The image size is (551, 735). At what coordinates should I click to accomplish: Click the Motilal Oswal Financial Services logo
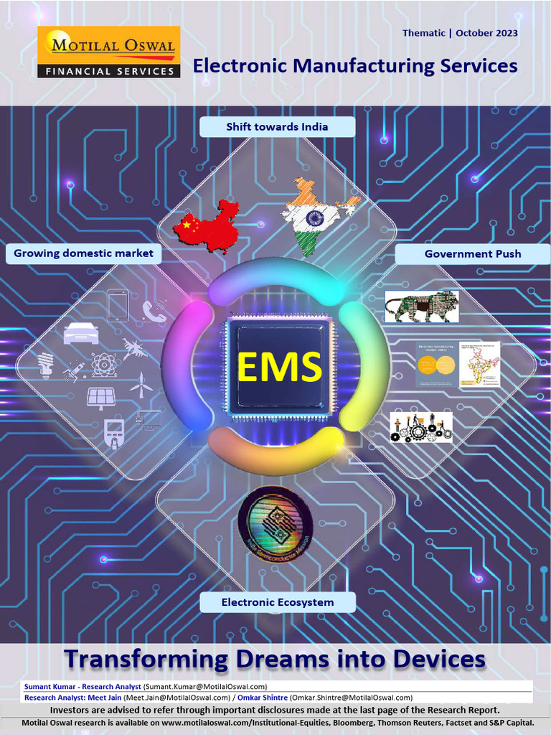(108, 52)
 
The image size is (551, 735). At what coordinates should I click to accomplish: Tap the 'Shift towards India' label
(277, 127)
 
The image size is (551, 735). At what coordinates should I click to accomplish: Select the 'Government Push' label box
(472, 254)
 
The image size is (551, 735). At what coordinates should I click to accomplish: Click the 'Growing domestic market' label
(83, 253)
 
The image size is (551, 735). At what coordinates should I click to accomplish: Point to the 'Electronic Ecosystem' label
(277, 602)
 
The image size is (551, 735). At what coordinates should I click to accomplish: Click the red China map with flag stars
(207, 225)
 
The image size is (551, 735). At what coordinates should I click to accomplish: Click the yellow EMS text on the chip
(278, 367)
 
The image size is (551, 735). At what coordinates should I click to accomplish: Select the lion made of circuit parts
(421, 306)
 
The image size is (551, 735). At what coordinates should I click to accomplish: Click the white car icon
(80, 333)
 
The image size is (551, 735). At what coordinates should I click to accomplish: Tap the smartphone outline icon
(117, 304)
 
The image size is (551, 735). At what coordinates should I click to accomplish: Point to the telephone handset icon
(154, 311)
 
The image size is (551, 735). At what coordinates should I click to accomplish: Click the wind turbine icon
(141, 385)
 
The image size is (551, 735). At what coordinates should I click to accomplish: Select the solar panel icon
(101, 397)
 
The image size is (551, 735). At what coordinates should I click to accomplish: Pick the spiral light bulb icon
(47, 365)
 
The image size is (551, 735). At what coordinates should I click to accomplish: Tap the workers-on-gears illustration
(420, 427)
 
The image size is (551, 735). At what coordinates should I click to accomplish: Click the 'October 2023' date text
(486, 33)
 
